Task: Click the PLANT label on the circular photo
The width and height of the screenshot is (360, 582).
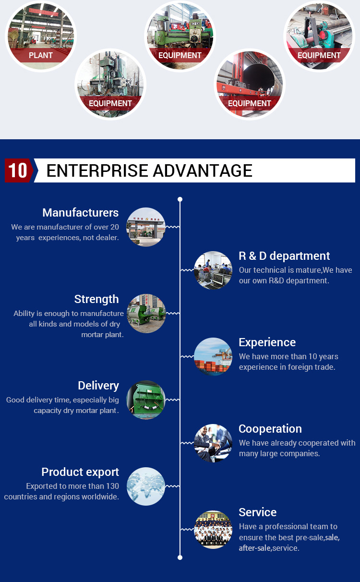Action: click(40, 55)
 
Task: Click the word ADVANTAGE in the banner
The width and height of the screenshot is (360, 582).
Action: click(203, 170)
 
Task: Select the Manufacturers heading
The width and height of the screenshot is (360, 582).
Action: click(81, 213)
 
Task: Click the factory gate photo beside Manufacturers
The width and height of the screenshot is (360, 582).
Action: click(146, 227)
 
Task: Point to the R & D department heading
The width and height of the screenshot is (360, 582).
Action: click(284, 256)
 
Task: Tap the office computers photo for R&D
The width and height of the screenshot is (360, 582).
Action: click(213, 270)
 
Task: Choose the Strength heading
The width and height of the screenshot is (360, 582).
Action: click(96, 299)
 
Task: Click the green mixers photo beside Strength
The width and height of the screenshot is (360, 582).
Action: click(146, 314)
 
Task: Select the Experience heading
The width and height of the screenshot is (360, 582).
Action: click(267, 342)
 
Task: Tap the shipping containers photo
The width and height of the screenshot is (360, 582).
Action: click(213, 356)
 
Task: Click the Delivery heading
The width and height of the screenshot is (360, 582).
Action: click(98, 386)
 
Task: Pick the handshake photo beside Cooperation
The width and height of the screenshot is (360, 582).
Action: click(213, 443)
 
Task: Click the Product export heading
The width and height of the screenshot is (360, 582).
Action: click(80, 472)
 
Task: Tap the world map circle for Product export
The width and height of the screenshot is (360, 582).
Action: click(146, 486)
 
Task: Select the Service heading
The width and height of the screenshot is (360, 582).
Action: click(258, 512)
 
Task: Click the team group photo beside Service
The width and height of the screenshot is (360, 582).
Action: click(213, 530)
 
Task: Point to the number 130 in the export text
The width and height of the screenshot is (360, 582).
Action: click(112, 486)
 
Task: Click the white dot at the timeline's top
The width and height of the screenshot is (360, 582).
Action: click(180, 199)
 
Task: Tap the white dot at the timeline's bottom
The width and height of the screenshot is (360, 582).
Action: click(180, 558)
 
